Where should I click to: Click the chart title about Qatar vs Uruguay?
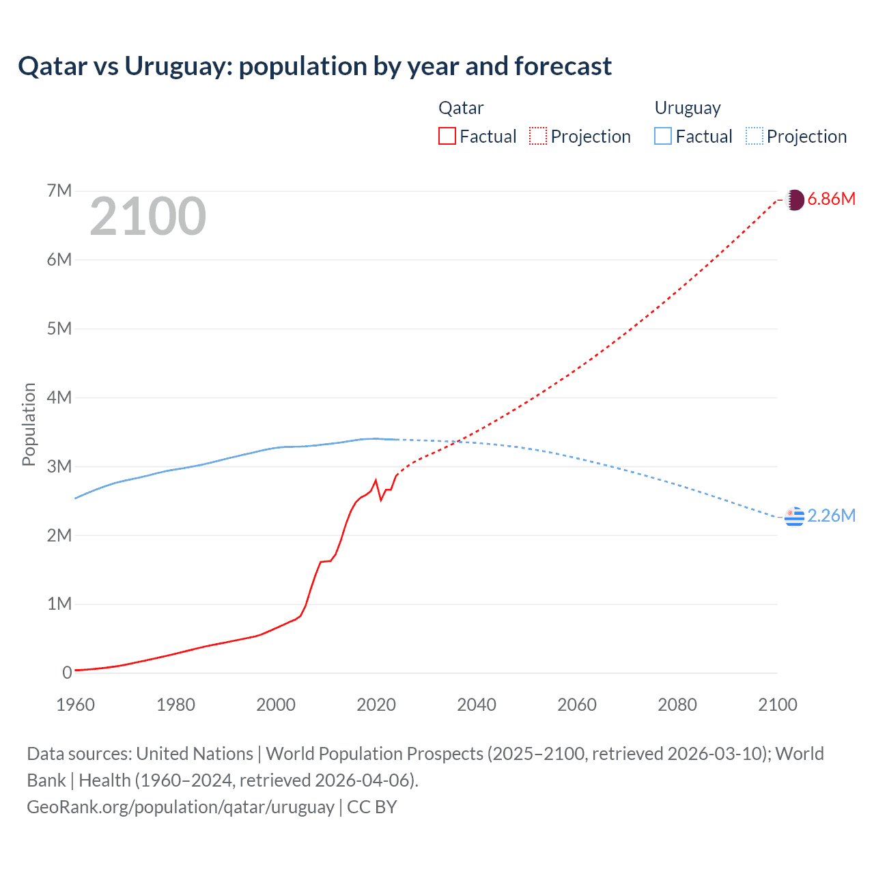[315, 66]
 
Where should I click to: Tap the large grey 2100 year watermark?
[147, 216]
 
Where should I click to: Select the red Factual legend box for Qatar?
[447, 136]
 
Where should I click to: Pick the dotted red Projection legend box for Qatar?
[538, 136]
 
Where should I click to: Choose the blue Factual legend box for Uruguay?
[662, 136]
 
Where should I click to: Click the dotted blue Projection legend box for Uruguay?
[754, 136]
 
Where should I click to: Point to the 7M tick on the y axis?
[59, 191]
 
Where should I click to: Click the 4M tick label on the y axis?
[59, 397]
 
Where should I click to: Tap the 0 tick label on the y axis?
[67, 673]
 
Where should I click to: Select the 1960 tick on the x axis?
[75, 705]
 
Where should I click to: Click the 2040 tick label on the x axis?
[477, 705]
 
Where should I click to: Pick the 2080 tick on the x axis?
[677, 705]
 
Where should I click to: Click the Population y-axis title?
[29, 424]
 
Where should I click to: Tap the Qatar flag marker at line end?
[794, 200]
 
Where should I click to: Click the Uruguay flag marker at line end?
[794, 517]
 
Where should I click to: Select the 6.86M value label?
[831, 199]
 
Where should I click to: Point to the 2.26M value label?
[831, 516]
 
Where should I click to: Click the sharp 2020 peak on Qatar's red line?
[376, 481]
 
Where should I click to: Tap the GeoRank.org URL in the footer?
[180, 807]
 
